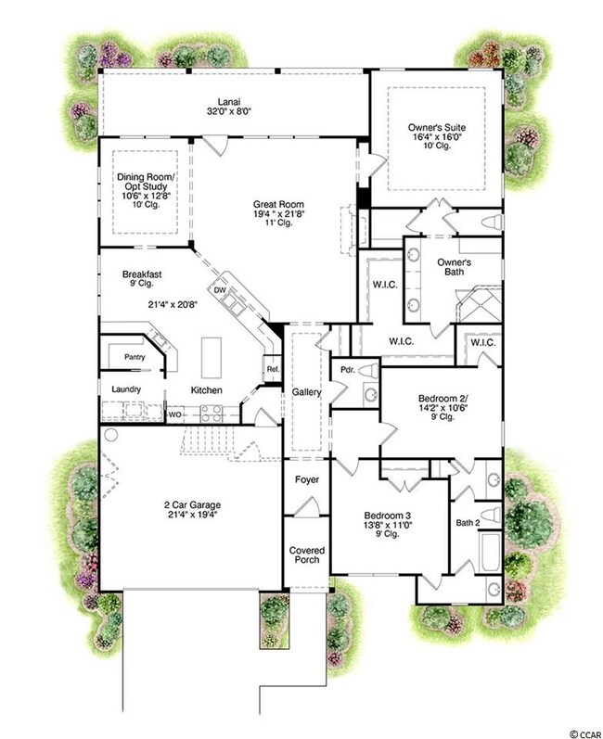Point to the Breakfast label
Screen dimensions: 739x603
click(x=143, y=274)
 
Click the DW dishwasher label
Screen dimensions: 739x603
click(x=220, y=289)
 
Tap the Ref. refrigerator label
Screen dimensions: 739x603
click(x=273, y=369)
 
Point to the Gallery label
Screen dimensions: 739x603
click(x=306, y=393)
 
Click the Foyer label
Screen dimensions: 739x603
click(x=307, y=480)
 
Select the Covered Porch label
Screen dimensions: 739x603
click(x=306, y=556)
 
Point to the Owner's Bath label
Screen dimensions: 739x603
click(x=455, y=268)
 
